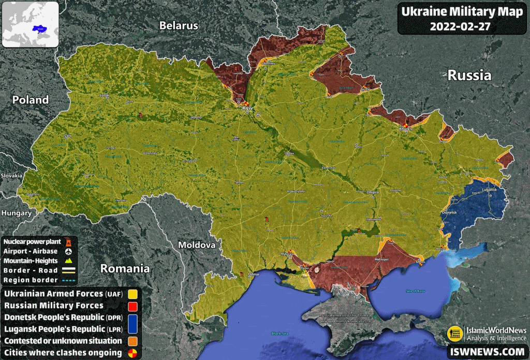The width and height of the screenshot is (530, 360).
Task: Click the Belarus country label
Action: coord(179,25)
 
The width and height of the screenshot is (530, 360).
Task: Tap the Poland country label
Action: coord(31,99)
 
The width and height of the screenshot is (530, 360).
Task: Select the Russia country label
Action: coord(469,75)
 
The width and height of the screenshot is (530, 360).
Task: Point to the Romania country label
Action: coord(125,268)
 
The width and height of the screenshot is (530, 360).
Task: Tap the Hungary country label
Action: coord(17,213)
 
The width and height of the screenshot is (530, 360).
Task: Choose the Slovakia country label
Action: coord(11,176)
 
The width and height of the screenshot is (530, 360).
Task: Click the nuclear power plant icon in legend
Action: coord(68,241)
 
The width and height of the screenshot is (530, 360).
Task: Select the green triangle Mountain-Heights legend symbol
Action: coord(68,261)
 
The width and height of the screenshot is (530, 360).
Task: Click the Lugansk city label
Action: coord(489,190)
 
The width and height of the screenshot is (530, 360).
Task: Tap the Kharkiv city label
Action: coord(406,128)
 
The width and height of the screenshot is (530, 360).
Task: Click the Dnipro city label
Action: coord(373,192)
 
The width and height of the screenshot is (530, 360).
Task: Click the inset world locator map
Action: coord(30,24)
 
